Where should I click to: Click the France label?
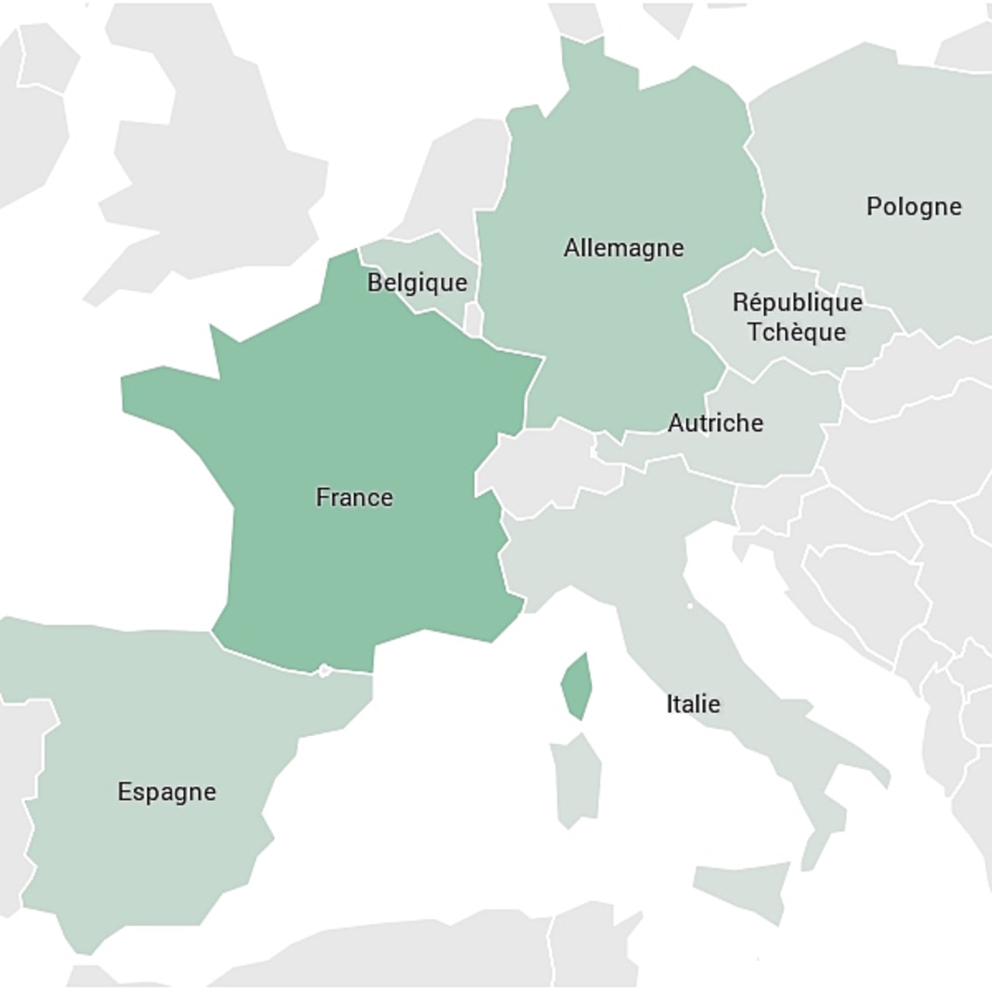point(354,497)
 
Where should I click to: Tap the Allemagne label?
point(624,248)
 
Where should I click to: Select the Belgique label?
point(417,283)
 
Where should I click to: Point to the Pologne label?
point(914,207)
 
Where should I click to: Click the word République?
point(797,301)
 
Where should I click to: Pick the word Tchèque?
point(796,332)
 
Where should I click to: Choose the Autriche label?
point(715,423)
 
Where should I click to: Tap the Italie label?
point(693,704)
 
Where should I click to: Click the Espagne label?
point(167,792)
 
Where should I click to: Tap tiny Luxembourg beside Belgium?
point(472,318)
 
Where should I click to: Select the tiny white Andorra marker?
point(324,670)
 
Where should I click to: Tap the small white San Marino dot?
point(689,605)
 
